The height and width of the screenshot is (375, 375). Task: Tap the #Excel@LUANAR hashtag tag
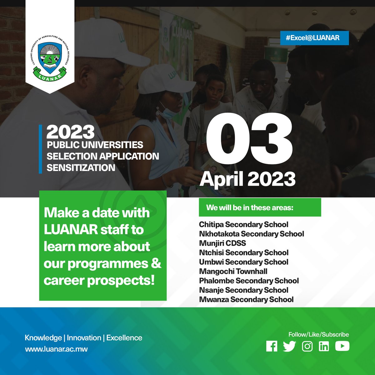314,38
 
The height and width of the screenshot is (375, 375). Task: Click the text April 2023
247,179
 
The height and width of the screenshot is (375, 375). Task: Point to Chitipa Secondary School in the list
243,224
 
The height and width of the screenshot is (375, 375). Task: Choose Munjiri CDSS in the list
222,243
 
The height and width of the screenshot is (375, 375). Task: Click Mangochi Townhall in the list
233,271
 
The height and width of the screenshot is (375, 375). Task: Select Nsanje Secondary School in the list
243,290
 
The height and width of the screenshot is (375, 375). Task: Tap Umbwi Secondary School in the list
243,262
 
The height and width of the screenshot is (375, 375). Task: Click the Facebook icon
272,346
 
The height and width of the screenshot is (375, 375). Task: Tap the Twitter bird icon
289,346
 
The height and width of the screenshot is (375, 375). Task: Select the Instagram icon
307,346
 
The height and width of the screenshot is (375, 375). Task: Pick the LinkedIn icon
324,346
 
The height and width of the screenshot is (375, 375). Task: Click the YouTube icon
342,346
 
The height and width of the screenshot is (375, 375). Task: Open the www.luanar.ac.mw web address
56,349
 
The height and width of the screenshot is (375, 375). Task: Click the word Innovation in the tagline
84,338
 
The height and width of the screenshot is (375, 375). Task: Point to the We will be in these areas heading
250,207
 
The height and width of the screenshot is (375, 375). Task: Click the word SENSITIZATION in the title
81,167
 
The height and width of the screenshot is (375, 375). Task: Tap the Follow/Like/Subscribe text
318,334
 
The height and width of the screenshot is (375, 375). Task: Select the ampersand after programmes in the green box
156,263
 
